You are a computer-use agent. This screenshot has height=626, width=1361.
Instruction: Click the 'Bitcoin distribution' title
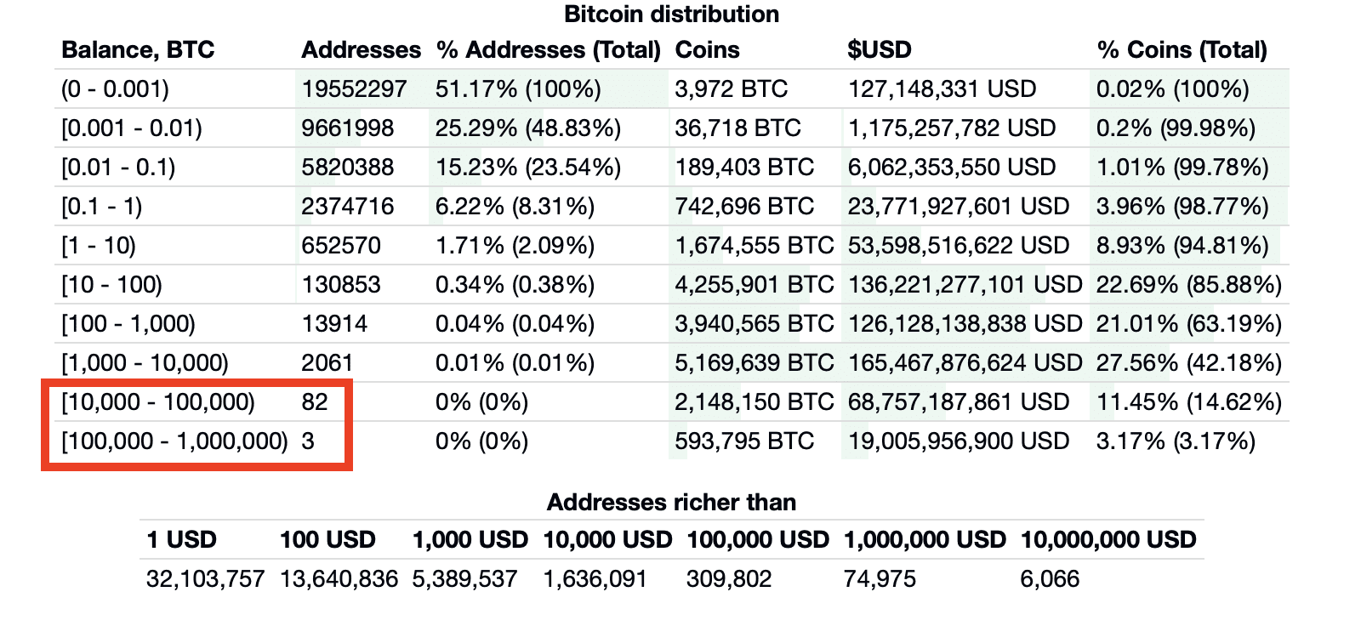click(671, 14)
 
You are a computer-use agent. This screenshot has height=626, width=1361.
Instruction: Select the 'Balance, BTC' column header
click(138, 50)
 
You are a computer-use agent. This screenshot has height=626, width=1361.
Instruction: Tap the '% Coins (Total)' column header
click(1182, 50)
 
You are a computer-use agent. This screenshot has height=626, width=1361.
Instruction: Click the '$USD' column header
click(879, 50)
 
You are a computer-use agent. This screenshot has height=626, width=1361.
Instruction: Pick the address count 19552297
click(354, 89)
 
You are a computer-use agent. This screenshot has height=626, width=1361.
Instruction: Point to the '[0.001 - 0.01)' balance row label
click(132, 128)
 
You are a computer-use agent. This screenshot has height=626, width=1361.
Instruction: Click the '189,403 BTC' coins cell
click(744, 168)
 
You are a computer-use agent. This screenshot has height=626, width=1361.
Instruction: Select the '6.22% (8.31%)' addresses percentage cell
click(515, 207)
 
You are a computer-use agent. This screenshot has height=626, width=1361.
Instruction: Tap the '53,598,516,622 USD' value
click(958, 246)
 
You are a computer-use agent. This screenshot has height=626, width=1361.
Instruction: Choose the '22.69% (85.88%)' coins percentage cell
click(1188, 285)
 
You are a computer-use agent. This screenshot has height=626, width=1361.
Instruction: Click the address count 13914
click(334, 324)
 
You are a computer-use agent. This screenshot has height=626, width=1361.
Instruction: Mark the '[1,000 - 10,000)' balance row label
click(145, 363)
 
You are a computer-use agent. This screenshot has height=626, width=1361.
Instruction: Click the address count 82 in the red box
click(315, 402)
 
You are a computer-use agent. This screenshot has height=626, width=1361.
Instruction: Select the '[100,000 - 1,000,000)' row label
click(174, 441)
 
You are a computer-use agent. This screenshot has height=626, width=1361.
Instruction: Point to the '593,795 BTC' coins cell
click(744, 441)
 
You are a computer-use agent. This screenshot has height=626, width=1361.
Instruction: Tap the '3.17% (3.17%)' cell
click(1176, 441)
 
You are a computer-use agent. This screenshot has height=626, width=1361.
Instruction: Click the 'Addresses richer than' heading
click(671, 503)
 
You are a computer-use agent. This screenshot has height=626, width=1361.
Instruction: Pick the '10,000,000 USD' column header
click(1108, 540)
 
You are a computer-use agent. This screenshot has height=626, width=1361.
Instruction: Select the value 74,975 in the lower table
click(880, 579)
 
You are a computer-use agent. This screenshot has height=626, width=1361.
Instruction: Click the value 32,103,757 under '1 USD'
click(205, 579)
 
